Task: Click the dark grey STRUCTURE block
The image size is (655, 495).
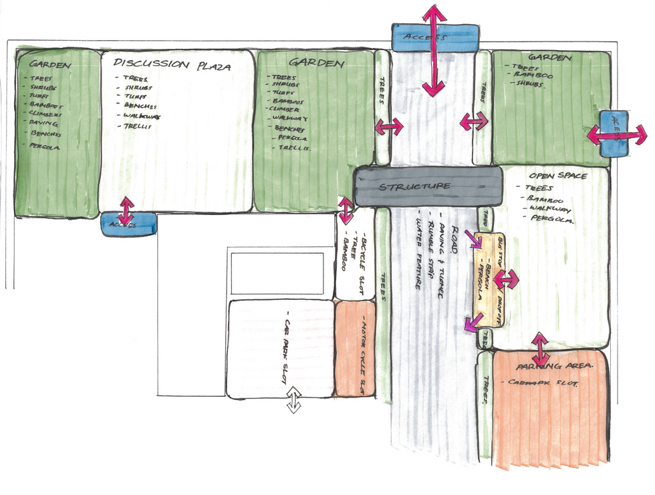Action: click(x=428, y=186)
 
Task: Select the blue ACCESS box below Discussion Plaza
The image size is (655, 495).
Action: click(x=127, y=224)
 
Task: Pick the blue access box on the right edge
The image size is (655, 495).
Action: click(x=612, y=134)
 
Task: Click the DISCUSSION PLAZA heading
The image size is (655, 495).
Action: click(x=172, y=65)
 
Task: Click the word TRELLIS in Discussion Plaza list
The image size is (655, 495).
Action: click(x=136, y=126)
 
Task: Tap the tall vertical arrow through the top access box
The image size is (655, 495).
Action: click(x=434, y=50)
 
